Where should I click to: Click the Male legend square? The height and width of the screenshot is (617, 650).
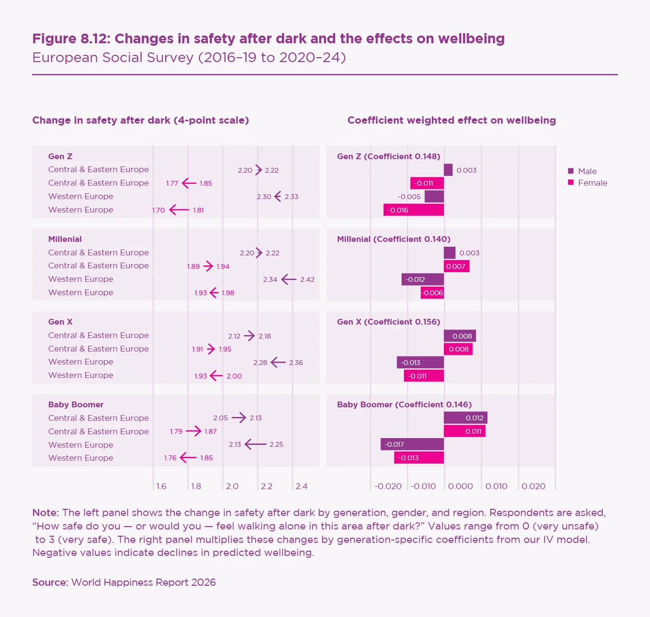point(571,171)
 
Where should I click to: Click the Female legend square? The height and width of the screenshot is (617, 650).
point(571,183)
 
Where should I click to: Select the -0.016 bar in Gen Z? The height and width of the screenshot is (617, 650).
point(414,210)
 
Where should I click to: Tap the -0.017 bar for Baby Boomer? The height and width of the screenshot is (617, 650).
point(412,444)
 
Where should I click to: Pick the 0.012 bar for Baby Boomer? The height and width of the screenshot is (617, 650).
point(466,418)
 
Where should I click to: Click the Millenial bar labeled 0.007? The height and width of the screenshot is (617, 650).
point(456,266)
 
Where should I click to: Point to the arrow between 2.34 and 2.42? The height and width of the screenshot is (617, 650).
point(289,279)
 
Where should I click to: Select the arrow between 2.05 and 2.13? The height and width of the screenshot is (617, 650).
point(239,418)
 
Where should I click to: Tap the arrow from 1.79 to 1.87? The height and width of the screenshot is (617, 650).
point(194,431)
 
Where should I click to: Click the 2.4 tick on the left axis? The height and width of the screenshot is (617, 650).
point(301,486)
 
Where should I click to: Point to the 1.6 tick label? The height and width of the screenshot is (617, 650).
point(161,486)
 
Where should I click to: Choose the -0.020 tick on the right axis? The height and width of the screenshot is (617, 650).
point(388,486)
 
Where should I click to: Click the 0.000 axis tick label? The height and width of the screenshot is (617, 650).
point(460,486)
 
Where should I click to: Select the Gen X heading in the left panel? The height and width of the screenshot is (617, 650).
point(60,322)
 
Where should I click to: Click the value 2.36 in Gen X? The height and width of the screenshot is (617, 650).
point(296,363)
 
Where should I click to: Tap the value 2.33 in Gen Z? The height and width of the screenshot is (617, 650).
point(291,197)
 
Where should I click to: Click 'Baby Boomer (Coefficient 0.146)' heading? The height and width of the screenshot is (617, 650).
point(404,404)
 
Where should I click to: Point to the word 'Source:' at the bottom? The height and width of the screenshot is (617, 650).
point(50,582)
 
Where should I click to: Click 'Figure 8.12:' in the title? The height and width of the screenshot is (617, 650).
point(71,38)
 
